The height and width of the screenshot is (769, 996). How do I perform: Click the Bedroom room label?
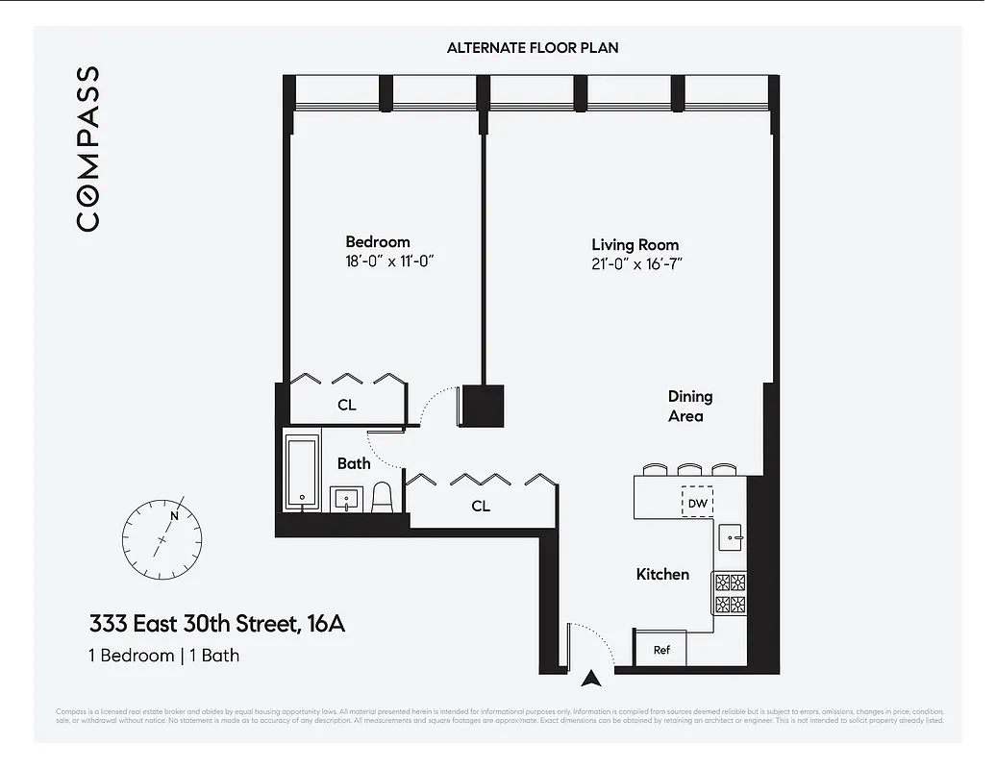(378, 242)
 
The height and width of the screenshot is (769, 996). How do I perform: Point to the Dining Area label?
(690, 406)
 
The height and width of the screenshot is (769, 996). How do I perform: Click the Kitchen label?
(662, 574)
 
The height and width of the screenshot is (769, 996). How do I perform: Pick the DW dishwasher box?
(697, 503)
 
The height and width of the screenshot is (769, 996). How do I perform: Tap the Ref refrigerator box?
(661, 650)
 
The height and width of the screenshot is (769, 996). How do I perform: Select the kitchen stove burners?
(730, 593)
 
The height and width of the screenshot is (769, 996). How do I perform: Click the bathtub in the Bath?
(303, 473)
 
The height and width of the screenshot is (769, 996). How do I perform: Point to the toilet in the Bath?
(382, 496)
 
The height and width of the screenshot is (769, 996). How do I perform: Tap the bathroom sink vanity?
(346, 500)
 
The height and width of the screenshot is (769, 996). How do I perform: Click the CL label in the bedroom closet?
(346, 406)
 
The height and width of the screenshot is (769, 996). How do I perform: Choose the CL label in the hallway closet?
(481, 506)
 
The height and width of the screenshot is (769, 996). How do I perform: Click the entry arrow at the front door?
(592, 677)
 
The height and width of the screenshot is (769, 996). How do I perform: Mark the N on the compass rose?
(174, 515)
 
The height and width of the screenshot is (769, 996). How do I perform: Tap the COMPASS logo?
(87, 149)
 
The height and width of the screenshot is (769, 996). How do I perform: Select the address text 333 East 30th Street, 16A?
(217, 625)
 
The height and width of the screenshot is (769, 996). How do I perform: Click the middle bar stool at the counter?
(688, 470)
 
